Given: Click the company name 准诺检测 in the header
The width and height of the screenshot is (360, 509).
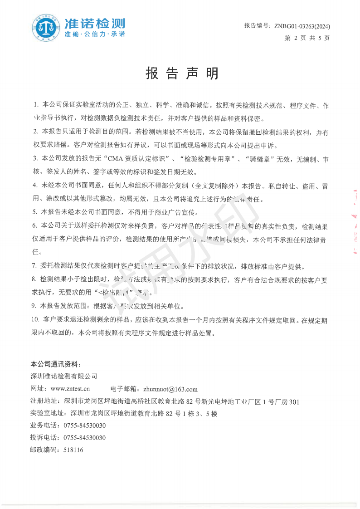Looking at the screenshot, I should coord(95,24).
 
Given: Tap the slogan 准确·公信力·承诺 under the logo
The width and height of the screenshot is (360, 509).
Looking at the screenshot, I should coord(95,34).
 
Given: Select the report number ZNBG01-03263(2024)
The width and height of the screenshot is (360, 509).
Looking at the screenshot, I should coord(302,26).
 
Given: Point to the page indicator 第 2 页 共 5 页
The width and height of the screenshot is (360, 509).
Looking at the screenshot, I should coord(307,38).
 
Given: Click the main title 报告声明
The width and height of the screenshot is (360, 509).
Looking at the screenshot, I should coord(182,73).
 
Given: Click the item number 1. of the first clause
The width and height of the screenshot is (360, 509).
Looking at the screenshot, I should coord(36,105).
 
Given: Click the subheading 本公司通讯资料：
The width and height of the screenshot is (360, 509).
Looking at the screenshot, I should coord(56,364).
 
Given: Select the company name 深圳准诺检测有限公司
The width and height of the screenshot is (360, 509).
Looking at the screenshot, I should coord(64,376).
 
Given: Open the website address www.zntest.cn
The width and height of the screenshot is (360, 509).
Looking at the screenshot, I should coord(70,389).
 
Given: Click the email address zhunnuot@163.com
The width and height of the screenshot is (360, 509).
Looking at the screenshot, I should coord(170,389).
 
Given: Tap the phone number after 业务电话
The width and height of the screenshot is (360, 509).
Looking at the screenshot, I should coord(85,426).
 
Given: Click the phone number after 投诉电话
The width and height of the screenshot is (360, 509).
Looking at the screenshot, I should coord(85,438).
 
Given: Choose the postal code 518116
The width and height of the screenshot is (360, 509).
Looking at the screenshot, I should coord(74,450).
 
